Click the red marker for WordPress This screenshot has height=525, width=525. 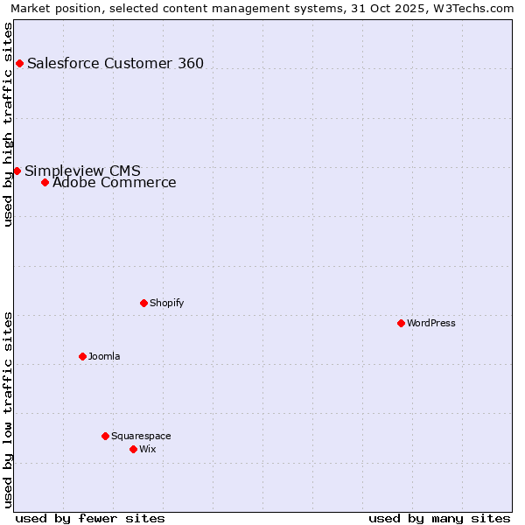[401, 323]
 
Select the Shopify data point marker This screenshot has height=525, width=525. [143, 303]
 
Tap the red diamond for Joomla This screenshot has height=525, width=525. [82, 356]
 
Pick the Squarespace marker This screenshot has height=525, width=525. [105, 436]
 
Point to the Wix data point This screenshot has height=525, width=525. [133, 449]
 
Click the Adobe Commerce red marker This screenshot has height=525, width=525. [45, 182]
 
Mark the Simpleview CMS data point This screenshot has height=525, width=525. [17, 171]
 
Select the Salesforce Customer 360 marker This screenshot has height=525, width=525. [19, 63]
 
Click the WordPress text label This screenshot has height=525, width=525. [431, 323]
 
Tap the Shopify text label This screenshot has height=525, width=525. [166, 303]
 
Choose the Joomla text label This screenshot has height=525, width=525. [104, 356]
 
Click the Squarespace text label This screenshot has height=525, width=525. [141, 436]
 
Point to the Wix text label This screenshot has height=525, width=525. [148, 449]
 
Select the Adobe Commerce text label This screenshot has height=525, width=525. [114, 183]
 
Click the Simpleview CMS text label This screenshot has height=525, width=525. [82, 171]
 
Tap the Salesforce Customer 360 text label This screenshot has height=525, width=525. [115, 63]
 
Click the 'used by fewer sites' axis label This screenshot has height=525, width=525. [90, 518]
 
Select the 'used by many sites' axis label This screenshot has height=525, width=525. [439, 518]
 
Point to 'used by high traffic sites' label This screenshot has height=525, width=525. [9, 124]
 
